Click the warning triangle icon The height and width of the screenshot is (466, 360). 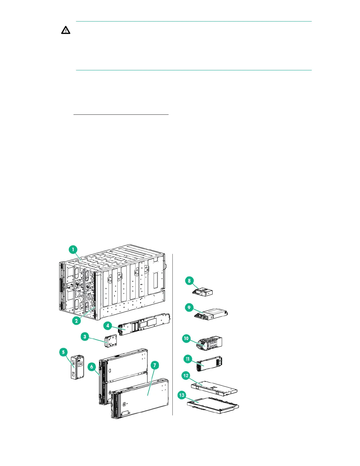point(66,30)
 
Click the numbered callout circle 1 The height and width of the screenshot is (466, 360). point(73,250)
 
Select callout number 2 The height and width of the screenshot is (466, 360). point(76,320)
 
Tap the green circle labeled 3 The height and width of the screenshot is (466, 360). point(85,336)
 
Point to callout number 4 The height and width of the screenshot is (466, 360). point(108,325)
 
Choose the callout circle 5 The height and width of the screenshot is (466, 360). point(64,352)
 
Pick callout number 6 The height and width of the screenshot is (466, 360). point(92,367)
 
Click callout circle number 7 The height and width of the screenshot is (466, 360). point(155,365)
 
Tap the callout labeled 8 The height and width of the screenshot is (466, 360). point(189,280)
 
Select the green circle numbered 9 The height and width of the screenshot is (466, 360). point(189,307)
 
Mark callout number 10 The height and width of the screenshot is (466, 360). point(186,338)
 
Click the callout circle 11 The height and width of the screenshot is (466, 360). point(188,359)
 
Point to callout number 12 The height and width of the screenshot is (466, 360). point(186,375)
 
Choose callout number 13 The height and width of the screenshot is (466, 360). point(182,395)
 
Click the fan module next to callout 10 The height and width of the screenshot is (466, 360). point(211,343)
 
